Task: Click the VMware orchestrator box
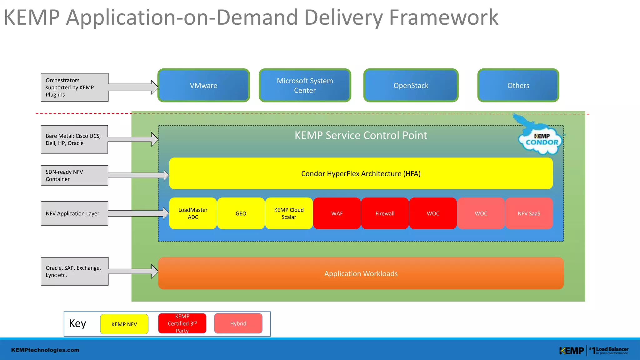[x=203, y=85]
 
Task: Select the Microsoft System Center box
[x=305, y=85]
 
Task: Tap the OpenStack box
[x=411, y=85]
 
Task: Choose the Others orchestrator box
[x=518, y=85]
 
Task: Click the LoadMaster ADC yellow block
[x=193, y=213]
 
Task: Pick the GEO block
[x=241, y=213]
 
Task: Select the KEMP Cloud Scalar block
[x=289, y=213]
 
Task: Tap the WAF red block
[x=337, y=213]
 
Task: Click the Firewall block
[x=385, y=213]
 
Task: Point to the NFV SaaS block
[x=529, y=213]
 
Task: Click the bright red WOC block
[x=433, y=213]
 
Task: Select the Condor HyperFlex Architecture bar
[x=361, y=173]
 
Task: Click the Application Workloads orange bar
[x=361, y=273]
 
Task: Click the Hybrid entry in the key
[x=238, y=323]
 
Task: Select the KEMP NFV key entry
[x=124, y=324]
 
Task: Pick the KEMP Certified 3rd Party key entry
[x=182, y=323]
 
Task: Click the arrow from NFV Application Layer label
[x=137, y=213]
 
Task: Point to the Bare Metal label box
[x=74, y=139]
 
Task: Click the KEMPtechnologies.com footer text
[x=45, y=350]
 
